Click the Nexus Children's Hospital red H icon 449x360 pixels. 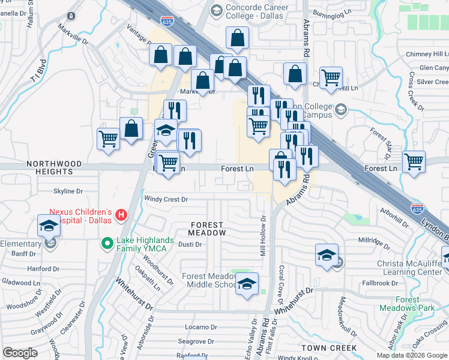(x=121, y=214)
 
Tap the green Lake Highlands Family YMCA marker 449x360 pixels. (x=107, y=244)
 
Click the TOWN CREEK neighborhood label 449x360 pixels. (x=329, y=348)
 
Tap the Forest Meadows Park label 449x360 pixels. (x=407, y=304)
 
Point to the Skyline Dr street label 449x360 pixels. (x=68, y=191)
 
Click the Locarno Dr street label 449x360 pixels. (x=200, y=327)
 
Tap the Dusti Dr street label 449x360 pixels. (x=190, y=244)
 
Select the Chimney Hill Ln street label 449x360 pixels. (x=427, y=54)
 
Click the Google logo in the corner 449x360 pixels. (x=20, y=353)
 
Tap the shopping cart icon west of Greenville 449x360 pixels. (x=108, y=139)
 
